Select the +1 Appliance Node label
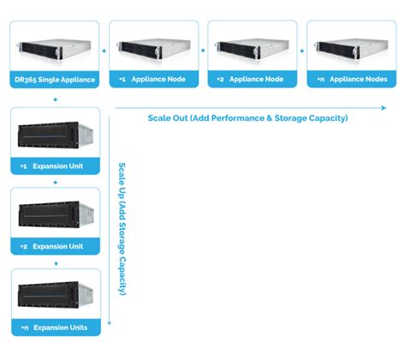154,79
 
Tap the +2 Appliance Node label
254,79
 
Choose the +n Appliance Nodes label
353,79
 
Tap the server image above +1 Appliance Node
154,47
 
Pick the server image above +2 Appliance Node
254,47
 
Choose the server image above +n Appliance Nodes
353,47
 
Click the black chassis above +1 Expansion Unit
52,134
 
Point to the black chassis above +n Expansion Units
52,295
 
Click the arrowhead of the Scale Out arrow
384,107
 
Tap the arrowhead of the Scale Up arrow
110,332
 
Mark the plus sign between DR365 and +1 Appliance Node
104,51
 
